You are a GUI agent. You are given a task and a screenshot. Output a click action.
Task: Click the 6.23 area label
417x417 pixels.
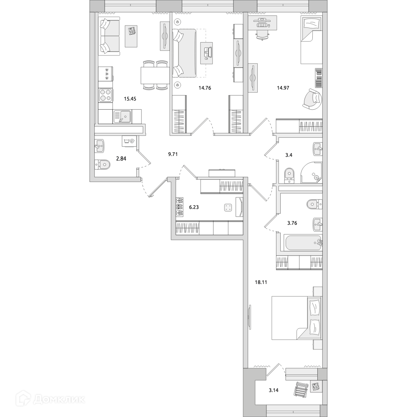click(x=195, y=206)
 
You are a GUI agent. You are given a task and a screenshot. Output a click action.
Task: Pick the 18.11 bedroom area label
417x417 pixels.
click(x=261, y=282)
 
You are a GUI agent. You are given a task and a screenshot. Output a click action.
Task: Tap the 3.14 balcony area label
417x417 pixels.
click(x=274, y=391)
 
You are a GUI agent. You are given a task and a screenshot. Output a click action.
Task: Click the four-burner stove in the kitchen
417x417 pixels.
click(x=106, y=95)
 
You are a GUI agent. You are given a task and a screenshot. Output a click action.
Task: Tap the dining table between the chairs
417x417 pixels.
click(x=155, y=75)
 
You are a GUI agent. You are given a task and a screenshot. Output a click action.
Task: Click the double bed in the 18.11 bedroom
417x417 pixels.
click(x=297, y=318)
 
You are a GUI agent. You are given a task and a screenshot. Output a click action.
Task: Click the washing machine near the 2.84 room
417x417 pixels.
click(x=129, y=141)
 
